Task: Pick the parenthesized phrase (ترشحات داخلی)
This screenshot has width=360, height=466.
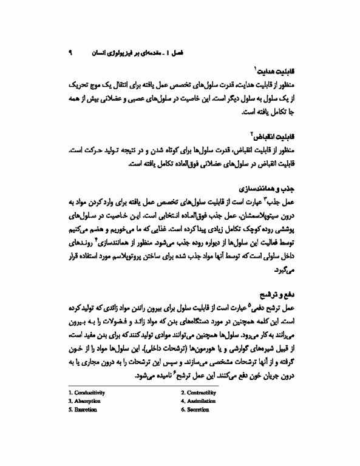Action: tap(173, 350)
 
